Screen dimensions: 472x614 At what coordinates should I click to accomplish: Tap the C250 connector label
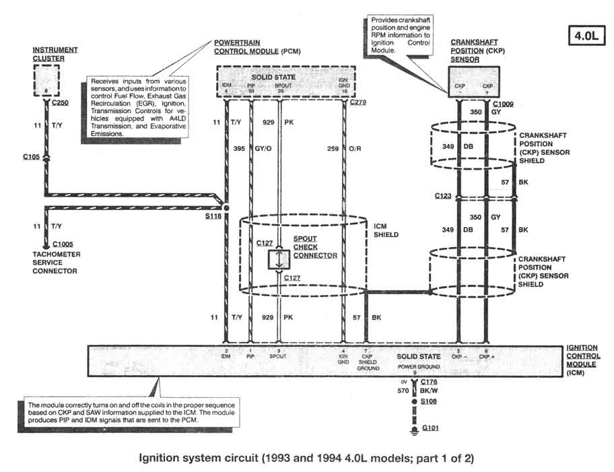coord(59,105)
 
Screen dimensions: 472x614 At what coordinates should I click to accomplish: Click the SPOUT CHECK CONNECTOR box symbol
coord(277,260)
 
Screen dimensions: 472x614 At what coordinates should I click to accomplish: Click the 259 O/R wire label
coord(343,148)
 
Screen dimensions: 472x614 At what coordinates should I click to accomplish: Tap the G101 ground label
coord(431,428)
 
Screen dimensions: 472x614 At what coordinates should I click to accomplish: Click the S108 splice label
coord(430,401)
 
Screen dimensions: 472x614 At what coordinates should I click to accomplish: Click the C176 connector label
coord(430,382)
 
